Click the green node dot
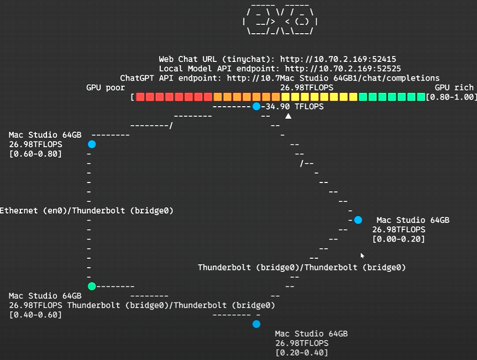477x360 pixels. point(92,286)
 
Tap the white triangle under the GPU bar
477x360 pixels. point(288,116)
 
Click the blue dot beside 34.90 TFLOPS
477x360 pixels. point(256,106)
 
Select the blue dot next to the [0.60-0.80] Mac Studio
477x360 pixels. point(92,144)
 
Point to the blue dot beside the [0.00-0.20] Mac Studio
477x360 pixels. point(358,220)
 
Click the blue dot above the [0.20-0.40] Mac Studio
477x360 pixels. point(256,324)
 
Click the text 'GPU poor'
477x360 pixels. point(106,87)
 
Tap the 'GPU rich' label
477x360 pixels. point(454,87)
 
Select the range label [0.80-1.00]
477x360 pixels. point(451,97)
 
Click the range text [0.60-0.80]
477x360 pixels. point(35,154)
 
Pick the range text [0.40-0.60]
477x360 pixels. point(35,315)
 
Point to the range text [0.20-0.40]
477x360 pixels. point(302,353)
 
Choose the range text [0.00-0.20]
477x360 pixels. point(399,239)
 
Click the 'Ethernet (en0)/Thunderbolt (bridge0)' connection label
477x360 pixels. point(86,211)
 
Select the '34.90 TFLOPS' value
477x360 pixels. point(295,107)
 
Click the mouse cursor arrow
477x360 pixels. point(363,255)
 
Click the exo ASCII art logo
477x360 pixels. point(280,19)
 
